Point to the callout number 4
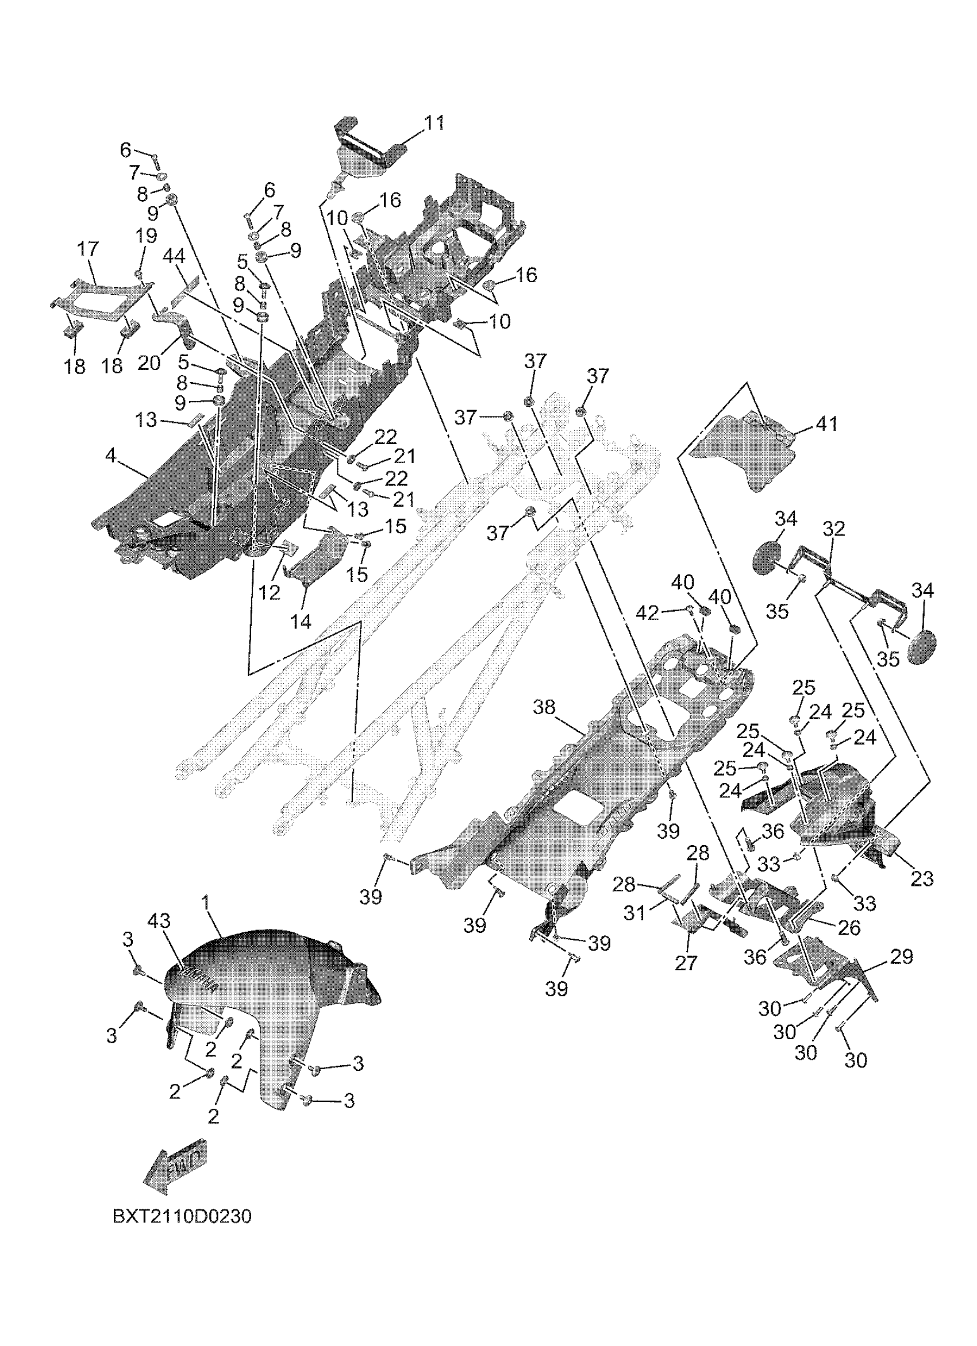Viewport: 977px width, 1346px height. click(x=110, y=456)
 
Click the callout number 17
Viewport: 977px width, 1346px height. click(x=88, y=249)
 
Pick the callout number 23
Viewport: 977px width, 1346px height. click(x=922, y=879)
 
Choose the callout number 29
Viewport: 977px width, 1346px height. click(x=902, y=957)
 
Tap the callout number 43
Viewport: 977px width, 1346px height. click(x=159, y=921)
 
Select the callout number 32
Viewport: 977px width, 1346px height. click(x=833, y=529)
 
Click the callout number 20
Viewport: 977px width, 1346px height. click(x=149, y=362)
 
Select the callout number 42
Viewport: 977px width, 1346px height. click(x=647, y=613)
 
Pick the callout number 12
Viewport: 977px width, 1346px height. click(x=270, y=592)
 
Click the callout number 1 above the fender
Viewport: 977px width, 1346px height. click(x=205, y=903)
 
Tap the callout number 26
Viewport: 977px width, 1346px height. click(x=849, y=928)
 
